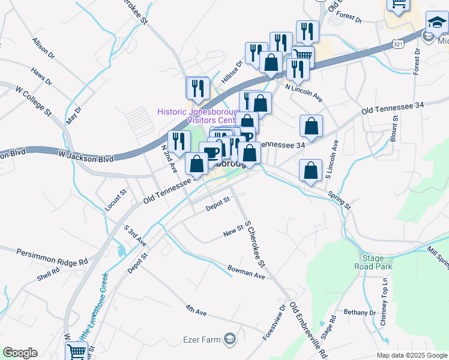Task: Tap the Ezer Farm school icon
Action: coord(229,340)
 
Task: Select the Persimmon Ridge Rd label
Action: coord(52,256)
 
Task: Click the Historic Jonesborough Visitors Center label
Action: coord(197,115)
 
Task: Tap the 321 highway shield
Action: coord(398,44)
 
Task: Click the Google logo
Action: coord(20,353)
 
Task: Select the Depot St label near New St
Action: coord(218,203)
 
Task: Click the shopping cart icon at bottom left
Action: coord(76,352)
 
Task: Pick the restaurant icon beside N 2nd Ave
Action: coord(179,142)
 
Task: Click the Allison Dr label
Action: coord(44,49)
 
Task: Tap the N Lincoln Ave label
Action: coord(304,92)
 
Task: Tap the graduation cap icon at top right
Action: coord(437,23)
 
